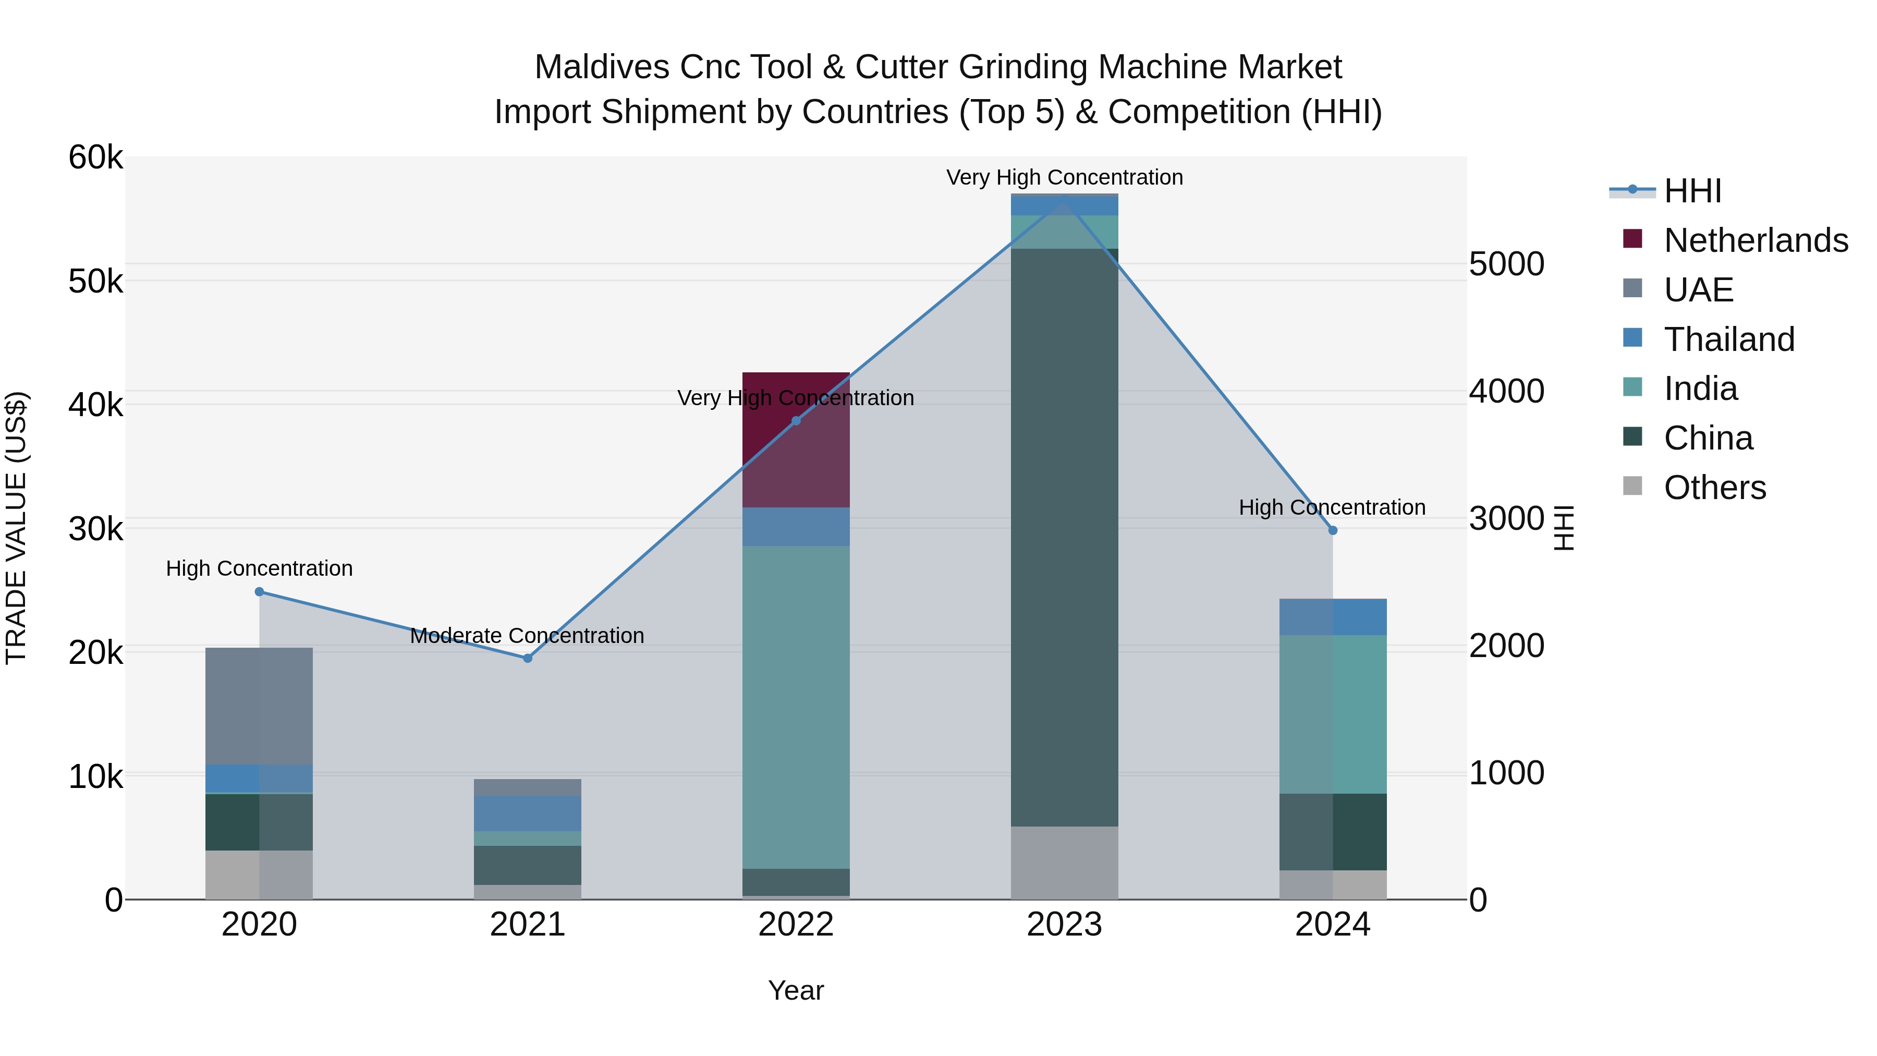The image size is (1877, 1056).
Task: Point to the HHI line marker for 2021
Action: click(x=528, y=658)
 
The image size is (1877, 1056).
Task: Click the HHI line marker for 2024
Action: click(x=1333, y=530)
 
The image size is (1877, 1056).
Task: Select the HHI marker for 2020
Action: click(x=260, y=592)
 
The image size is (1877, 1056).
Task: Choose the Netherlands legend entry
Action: click(x=1756, y=240)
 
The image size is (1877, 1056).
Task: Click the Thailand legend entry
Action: click(x=1729, y=339)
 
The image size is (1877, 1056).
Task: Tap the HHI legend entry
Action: click(x=1692, y=191)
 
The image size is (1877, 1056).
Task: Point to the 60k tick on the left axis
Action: click(x=95, y=157)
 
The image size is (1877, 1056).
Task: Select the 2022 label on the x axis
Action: click(x=796, y=925)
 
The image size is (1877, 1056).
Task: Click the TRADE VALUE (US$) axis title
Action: click(x=17, y=528)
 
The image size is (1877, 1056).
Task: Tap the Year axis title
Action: click(x=796, y=990)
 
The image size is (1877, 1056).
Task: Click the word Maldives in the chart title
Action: click(x=602, y=67)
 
